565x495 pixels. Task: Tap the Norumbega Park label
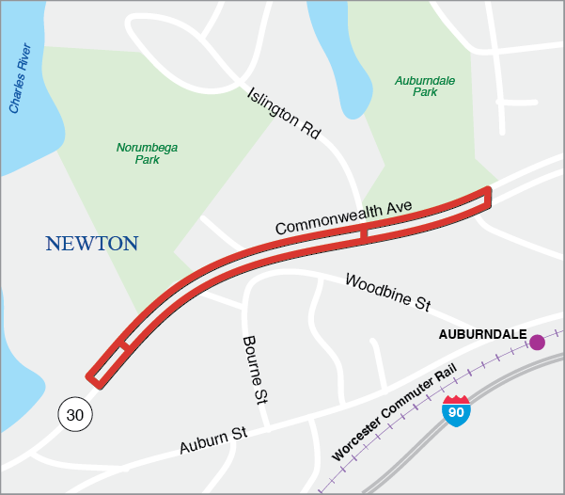(x=147, y=153)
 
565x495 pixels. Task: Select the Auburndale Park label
(x=425, y=87)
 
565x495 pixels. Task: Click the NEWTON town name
(x=92, y=244)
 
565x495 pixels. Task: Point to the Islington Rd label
(x=284, y=114)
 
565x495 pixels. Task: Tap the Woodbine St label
(x=387, y=292)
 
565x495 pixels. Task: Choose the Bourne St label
(x=254, y=370)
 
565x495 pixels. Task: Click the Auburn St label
(x=212, y=439)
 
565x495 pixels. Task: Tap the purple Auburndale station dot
(x=537, y=343)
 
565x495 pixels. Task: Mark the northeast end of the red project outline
(x=486, y=197)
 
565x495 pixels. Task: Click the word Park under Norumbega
(x=147, y=160)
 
